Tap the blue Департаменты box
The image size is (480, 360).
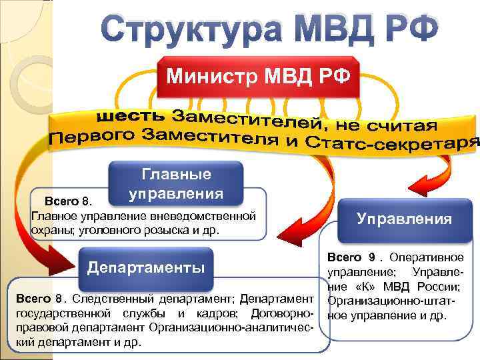[147, 268]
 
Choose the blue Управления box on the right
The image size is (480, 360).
[404, 219]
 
